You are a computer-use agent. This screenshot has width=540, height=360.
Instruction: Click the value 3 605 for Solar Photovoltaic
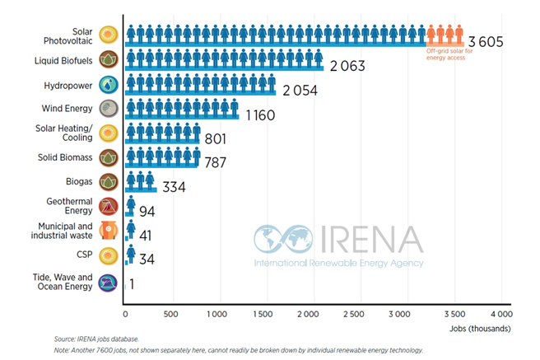pos(485,42)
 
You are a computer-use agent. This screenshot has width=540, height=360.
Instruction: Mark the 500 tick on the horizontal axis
pos(171,315)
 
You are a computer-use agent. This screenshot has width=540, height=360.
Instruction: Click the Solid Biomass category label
pos(64,157)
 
